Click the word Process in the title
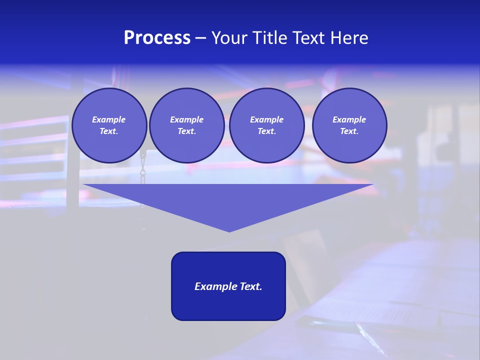pyautogui.click(x=157, y=38)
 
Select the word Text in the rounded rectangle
pyautogui.click(x=250, y=286)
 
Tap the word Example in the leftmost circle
pyautogui.click(x=109, y=119)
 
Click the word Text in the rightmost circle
pyautogui.click(x=349, y=131)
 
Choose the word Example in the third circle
pyautogui.click(x=267, y=119)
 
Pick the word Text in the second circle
pyautogui.click(x=186, y=131)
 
